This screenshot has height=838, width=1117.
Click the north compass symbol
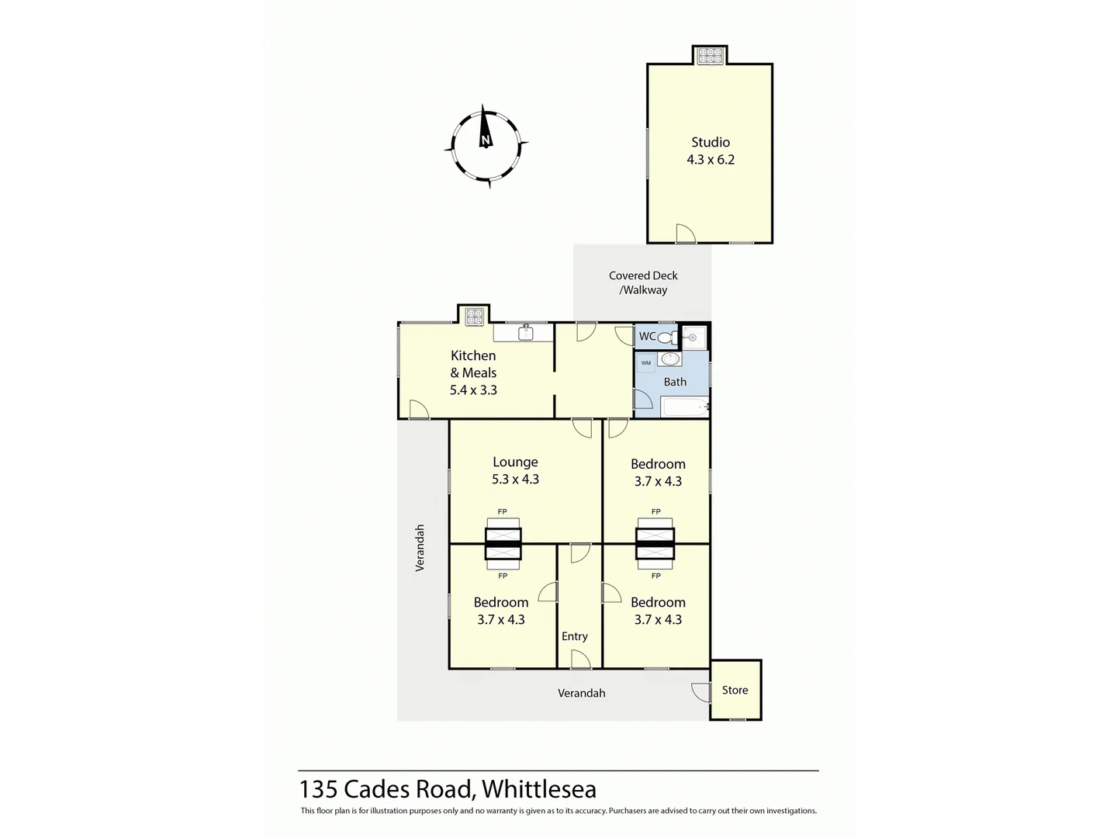[486, 146]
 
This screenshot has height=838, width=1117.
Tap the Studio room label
[711, 142]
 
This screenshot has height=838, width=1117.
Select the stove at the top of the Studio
[710, 56]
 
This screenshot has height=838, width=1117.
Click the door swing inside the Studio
[684, 233]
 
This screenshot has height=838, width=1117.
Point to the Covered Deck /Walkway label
[643, 282]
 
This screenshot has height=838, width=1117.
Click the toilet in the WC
[666, 338]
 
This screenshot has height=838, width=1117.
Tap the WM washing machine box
[646, 363]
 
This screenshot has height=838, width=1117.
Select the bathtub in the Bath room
[685, 407]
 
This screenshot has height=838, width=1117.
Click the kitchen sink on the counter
[525, 333]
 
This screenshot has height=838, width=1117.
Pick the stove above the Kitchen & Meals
[473, 316]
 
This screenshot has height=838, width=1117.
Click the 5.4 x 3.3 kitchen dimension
[473, 390]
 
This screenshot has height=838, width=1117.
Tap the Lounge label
[515, 462]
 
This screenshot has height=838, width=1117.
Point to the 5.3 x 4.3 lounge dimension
[515, 480]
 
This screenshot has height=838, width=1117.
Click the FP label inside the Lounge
[503, 512]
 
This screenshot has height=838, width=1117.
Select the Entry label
[575, 636]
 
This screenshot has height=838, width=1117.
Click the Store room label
[735, 690]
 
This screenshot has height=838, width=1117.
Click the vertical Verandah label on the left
[420, 548]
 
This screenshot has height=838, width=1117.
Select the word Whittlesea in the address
[539, 789]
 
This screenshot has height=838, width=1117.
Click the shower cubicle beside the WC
[693, 338]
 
